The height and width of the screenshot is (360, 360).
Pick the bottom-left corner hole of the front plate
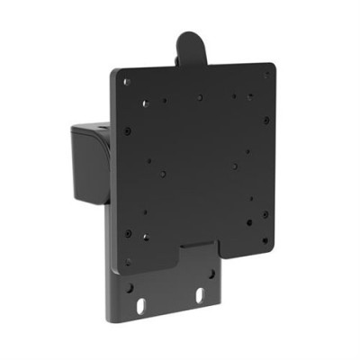click(129, 261)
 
